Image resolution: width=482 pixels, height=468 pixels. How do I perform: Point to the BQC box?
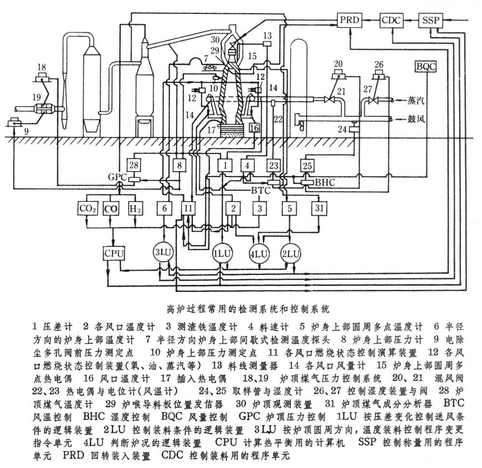click(426, 66)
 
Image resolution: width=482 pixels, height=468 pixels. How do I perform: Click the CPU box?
click(114, 253)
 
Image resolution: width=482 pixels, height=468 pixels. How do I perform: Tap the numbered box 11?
click(188, 209)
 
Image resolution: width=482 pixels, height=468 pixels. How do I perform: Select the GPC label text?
click(118, 177)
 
